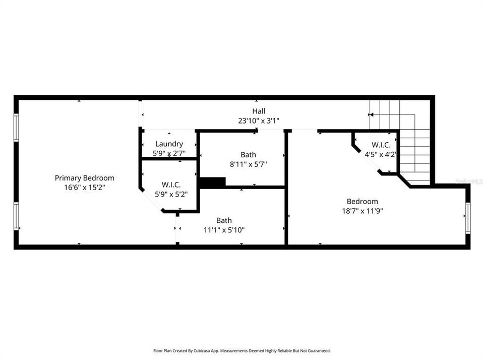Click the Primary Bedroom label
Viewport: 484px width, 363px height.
[x=84, y=178]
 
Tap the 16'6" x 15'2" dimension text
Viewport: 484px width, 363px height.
[x=84, y=187]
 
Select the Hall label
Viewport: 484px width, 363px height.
[x=259, y=111]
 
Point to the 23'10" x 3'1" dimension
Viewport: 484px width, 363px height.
[x=259, y=120]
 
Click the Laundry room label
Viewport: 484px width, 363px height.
[x=169, y=144]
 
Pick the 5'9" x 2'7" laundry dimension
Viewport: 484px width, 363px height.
[x=169, y=153]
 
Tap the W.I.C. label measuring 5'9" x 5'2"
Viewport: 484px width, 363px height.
[x=171, y=185]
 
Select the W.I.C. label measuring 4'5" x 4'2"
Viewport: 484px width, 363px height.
[x=381, y=145]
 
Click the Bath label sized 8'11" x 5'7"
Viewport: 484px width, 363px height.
[x=248, y=155]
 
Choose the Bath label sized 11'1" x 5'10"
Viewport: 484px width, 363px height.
[x=224, y=220]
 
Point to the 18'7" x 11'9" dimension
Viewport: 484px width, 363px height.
[x=362, y=211]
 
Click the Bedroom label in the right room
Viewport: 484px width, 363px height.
[x=362, y=202]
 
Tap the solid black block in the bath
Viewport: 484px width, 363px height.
[x=212, y=183]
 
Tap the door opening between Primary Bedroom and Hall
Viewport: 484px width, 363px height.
[x=141, y=114]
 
